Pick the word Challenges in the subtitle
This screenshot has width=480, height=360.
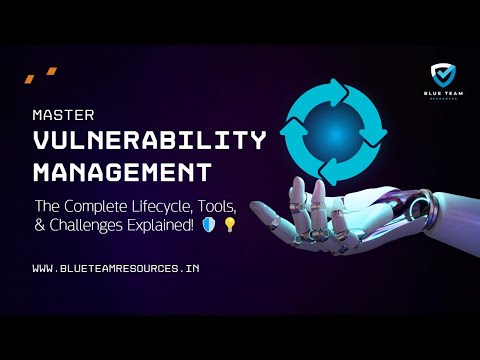pyautogui.click(x=89, y=226)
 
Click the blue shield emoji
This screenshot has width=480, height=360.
pyautogui.click(x=209, y=226)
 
